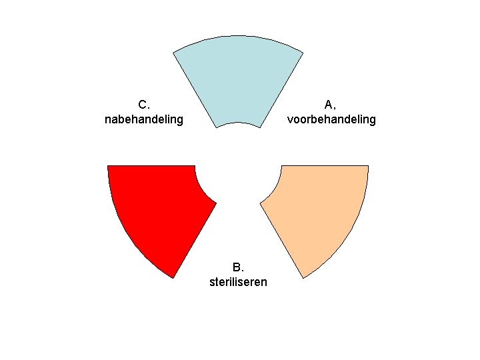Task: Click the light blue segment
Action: point(238,77)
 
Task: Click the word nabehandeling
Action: point(144,120)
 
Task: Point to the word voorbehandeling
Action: point(331,120)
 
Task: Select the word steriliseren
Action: point(238,282)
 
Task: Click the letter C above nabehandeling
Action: point(143,105)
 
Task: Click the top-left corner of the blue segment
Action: point(173,52)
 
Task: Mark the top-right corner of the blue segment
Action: point(303,52)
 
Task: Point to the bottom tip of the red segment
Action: point(173,277)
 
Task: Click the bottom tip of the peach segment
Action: point(303,277)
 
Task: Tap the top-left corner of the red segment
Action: point(108,165)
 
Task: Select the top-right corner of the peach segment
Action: point(368,165)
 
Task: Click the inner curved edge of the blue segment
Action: point(238,123)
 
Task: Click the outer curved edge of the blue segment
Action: point(238,35)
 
